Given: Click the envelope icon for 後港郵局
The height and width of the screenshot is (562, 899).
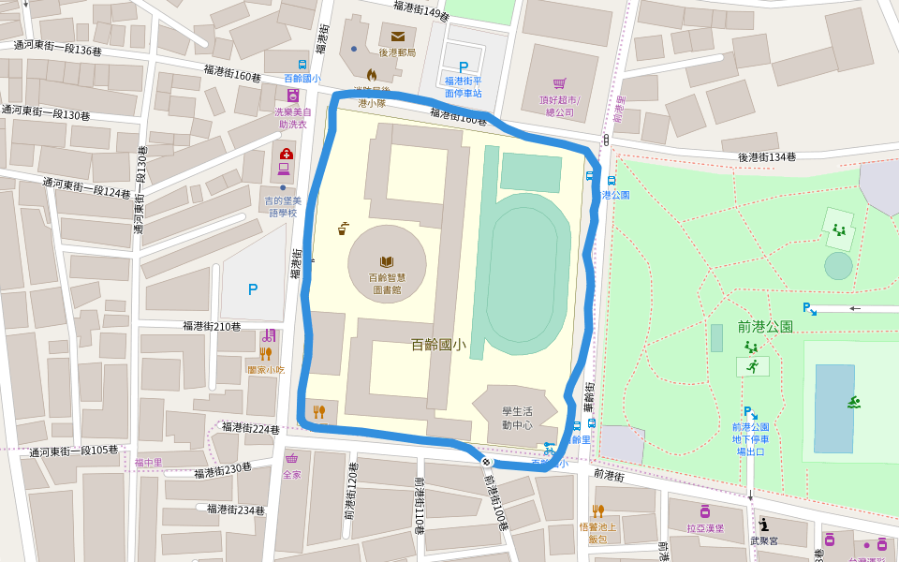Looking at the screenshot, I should (397, 37).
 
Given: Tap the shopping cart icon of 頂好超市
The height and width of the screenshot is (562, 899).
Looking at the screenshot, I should (559, 83).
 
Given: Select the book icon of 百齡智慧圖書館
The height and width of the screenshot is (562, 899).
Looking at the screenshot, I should (386, 262).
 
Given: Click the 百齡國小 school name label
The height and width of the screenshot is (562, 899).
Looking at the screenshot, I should (438, 344).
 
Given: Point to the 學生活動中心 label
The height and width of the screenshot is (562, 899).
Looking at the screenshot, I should (517, 418).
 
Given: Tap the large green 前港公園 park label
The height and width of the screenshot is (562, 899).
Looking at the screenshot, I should (765, 327).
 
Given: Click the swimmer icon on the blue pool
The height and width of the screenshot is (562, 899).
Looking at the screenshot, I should (854, 403).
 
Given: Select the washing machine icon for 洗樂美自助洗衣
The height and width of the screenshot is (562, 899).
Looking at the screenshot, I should (293, 96).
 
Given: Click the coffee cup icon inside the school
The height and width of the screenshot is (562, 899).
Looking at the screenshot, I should (344, 228).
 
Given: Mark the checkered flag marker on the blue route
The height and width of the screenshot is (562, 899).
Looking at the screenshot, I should (487, 461).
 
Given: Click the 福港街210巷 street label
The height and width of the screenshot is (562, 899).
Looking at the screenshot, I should (212, 326).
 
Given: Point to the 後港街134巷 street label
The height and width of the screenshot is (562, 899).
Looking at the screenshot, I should (773, 157).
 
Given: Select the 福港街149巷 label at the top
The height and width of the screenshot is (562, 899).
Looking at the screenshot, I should (421, 10).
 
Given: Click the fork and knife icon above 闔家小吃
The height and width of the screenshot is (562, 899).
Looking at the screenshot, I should (265, 354).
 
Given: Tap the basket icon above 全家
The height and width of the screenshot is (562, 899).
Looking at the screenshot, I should (292, 459).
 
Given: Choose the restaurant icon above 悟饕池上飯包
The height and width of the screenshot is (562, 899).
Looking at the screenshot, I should (597, 511).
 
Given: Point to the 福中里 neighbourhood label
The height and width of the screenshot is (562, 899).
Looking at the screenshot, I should (148, 463).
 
